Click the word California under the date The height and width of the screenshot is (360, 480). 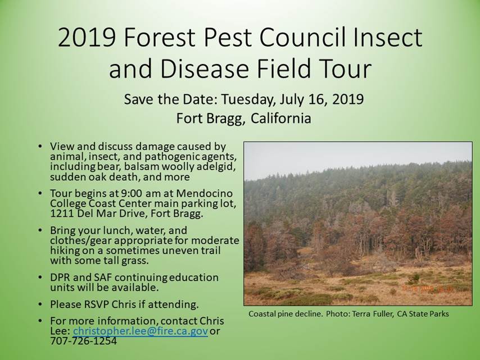coord(280,118)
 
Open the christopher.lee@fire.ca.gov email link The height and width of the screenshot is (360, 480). coord(141,331)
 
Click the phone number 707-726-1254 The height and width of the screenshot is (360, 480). coord(83,341)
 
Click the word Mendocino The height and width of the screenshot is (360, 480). coord(204,193)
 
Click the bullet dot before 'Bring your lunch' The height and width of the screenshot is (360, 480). coord(40,230)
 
